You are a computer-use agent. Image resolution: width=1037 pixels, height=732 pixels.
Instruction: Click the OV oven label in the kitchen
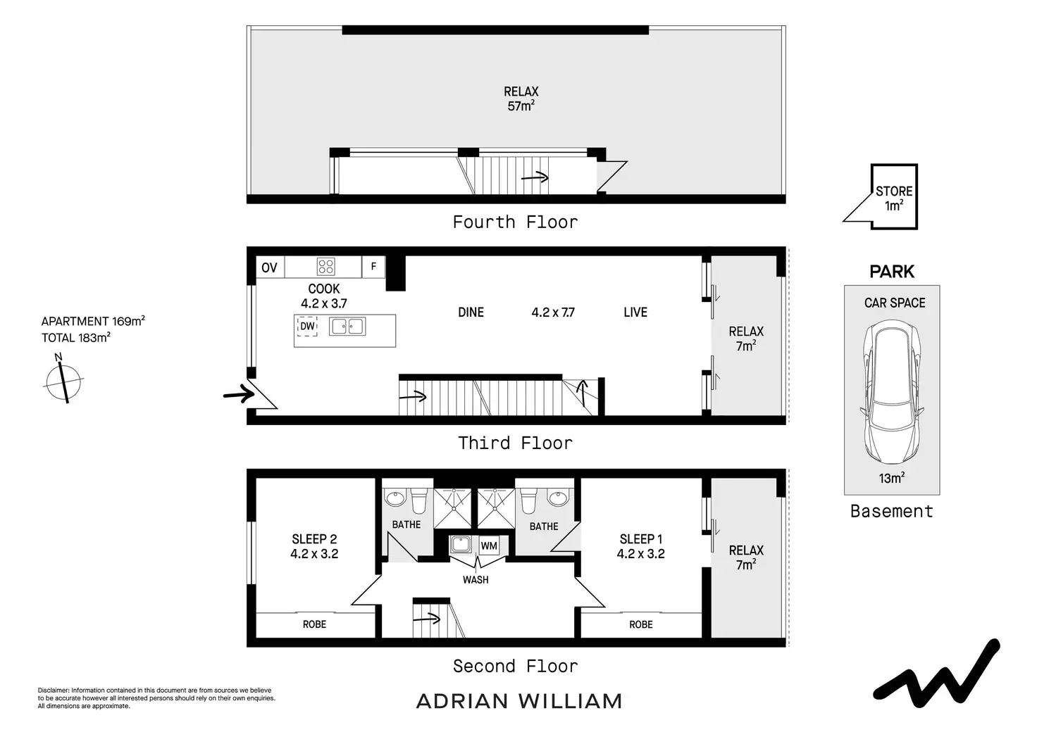[269, 267]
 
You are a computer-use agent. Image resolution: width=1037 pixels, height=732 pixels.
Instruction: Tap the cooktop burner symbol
[325, 267]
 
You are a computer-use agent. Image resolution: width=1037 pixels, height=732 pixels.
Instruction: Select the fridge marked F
[373, 267]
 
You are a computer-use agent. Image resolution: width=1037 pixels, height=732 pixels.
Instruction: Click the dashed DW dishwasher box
[307, 327]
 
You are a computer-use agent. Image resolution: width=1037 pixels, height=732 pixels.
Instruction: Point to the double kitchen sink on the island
[347, 327]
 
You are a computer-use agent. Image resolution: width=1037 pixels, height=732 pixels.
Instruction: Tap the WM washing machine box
[489, 545]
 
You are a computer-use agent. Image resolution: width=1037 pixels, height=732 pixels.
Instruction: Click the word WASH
[476, 580]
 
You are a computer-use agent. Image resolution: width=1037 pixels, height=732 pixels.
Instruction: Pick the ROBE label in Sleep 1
[641, 624]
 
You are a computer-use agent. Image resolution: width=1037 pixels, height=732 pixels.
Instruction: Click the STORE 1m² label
[894, 198]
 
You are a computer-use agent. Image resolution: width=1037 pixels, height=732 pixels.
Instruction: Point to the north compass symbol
[63, 381]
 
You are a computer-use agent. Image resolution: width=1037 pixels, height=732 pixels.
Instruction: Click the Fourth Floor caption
[515, 222]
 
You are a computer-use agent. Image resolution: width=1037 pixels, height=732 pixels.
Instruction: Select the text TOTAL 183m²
[76, 338]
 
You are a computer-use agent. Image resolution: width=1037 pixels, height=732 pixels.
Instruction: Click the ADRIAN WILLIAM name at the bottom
[519, 701]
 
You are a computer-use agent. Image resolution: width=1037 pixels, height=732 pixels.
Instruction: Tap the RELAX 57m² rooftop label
[521, 99]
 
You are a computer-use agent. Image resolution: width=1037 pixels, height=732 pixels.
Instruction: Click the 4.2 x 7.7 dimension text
[553, 313]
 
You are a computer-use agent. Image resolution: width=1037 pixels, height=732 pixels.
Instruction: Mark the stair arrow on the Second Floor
[428, 619]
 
